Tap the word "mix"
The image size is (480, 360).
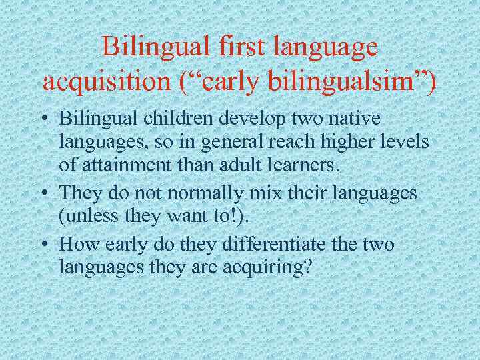(x=253, y=193)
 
